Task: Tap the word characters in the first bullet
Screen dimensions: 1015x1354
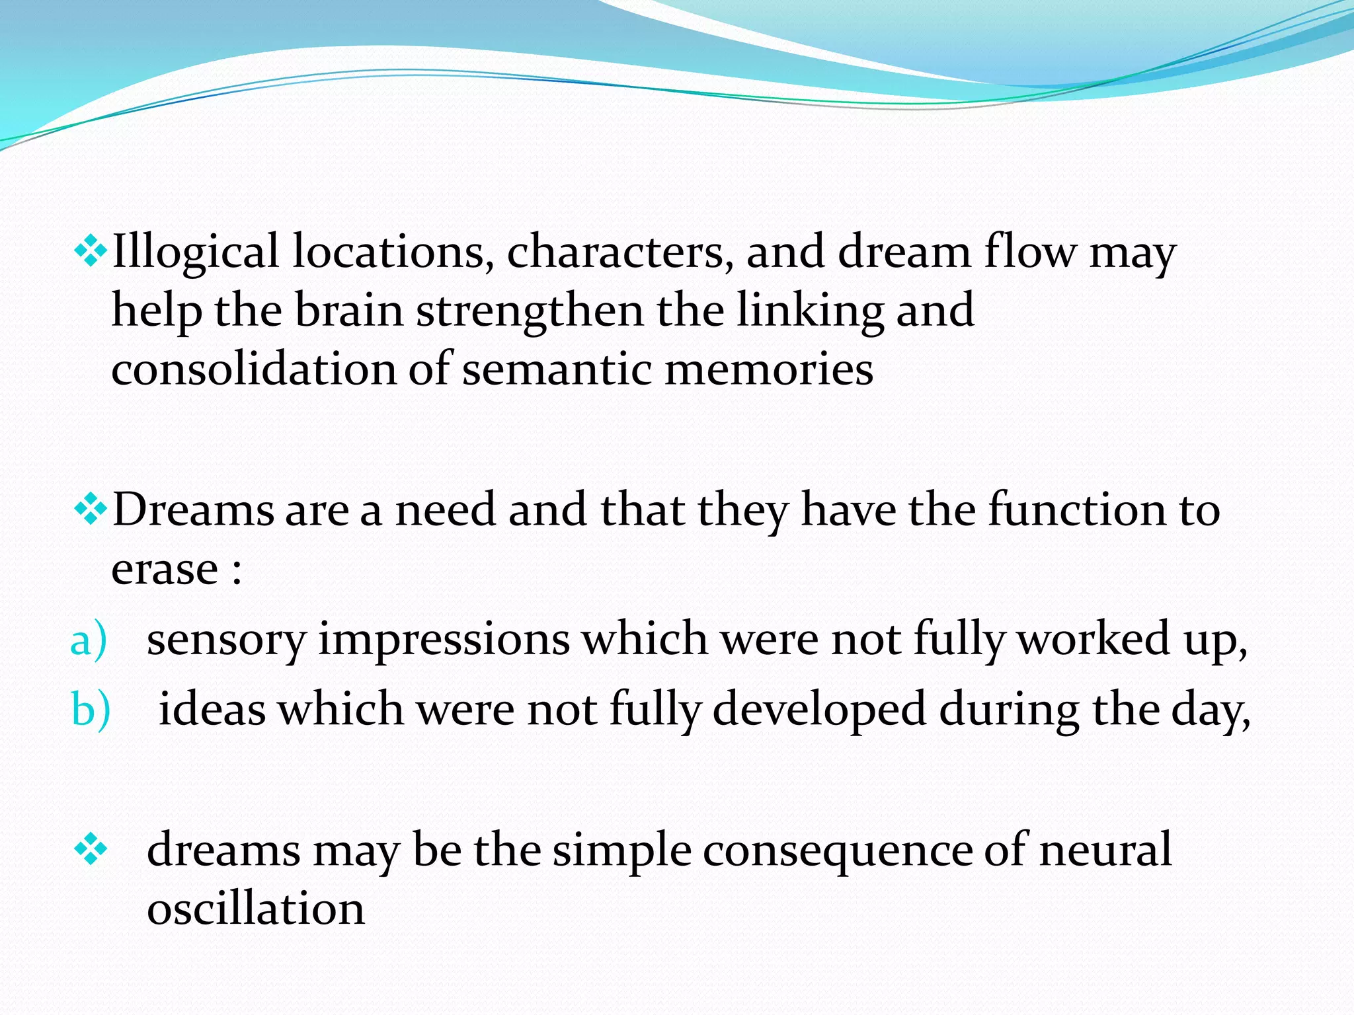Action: coord(619,252)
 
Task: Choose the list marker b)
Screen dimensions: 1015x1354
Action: coord(90,710)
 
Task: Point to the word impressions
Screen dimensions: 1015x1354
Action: coord(444,640)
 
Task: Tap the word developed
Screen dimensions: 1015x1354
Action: coord(819,710)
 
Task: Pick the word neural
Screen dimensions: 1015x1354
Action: coord(1105,850)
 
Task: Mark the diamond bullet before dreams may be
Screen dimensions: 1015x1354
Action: coord(91,850)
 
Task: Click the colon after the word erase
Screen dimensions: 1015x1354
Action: coord(237,572)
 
